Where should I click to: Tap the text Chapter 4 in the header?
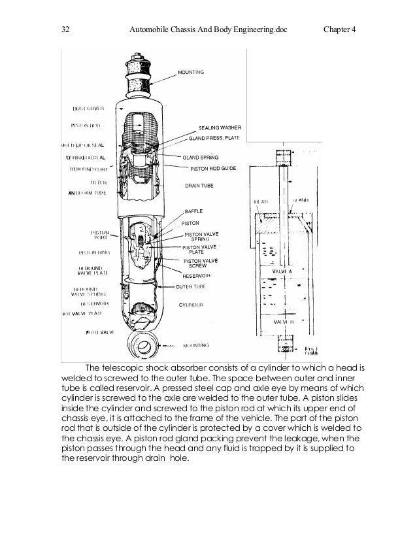pyautogui.click(x=338, y=29)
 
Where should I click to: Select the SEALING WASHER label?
pyautogui.click(x=220, y=127)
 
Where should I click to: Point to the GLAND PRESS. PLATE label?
pyautogui.click(x=214, y=139)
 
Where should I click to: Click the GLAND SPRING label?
pyautogui.click(x=200, y=158)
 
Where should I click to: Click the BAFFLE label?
pyautogui.click(x=194, y=211)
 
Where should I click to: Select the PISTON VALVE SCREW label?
pyautogui.click(x=201, y=263)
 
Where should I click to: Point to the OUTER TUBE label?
pyautogui.click(x=191, y=287)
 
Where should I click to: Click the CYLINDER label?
pyautogui.click(x=192, y=305)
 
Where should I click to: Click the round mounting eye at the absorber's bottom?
pyautogui.click(x=145, y=344)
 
